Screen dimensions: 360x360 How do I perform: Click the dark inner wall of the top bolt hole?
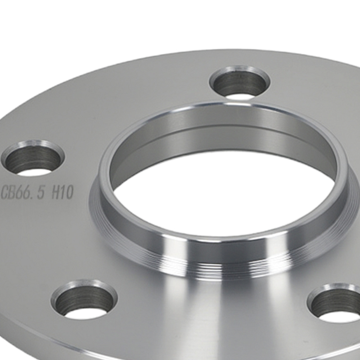238,81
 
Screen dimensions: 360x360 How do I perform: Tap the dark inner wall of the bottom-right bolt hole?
331,299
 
